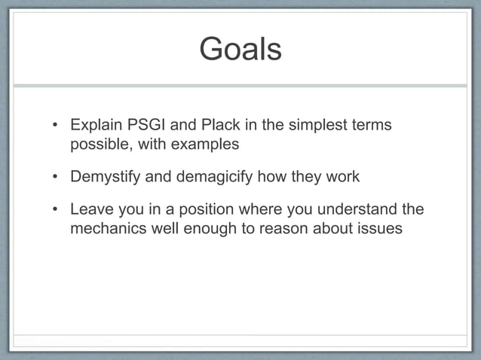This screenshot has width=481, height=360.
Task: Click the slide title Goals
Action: point(240,50)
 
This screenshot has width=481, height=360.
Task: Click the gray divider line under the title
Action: point(240,85)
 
